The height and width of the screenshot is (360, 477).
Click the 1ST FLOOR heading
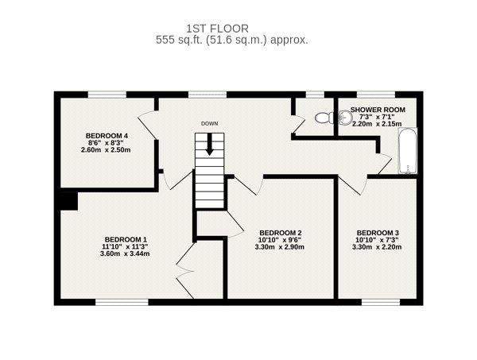[218, 29]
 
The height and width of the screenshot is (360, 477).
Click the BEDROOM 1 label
[126, 239]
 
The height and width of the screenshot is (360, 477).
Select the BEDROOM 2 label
[281, 233]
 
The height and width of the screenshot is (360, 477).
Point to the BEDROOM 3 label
[378, 233]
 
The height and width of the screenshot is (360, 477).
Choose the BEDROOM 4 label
[107, 136]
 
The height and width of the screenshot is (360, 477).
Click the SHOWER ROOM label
[378, 110]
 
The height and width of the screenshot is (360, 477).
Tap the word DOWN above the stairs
[210, 124]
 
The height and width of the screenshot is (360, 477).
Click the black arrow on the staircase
[209, 145]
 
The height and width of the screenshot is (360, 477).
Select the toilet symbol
[324, 118]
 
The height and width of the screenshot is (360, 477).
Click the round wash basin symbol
[343, 118]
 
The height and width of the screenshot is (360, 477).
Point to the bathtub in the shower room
[408, 151]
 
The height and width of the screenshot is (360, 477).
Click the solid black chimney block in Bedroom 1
[68, 201]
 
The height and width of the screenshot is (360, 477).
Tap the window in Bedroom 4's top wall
[107, 95]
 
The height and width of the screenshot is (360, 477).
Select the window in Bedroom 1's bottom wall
[122, 302]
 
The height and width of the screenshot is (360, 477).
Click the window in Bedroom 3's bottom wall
[381, 302]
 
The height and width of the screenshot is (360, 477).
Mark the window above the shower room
[376, 95]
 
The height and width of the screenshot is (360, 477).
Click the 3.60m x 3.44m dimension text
[125, 254]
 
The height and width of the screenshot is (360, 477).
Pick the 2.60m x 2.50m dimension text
[106, 149]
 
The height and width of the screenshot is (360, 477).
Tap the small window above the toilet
[315, 95]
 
